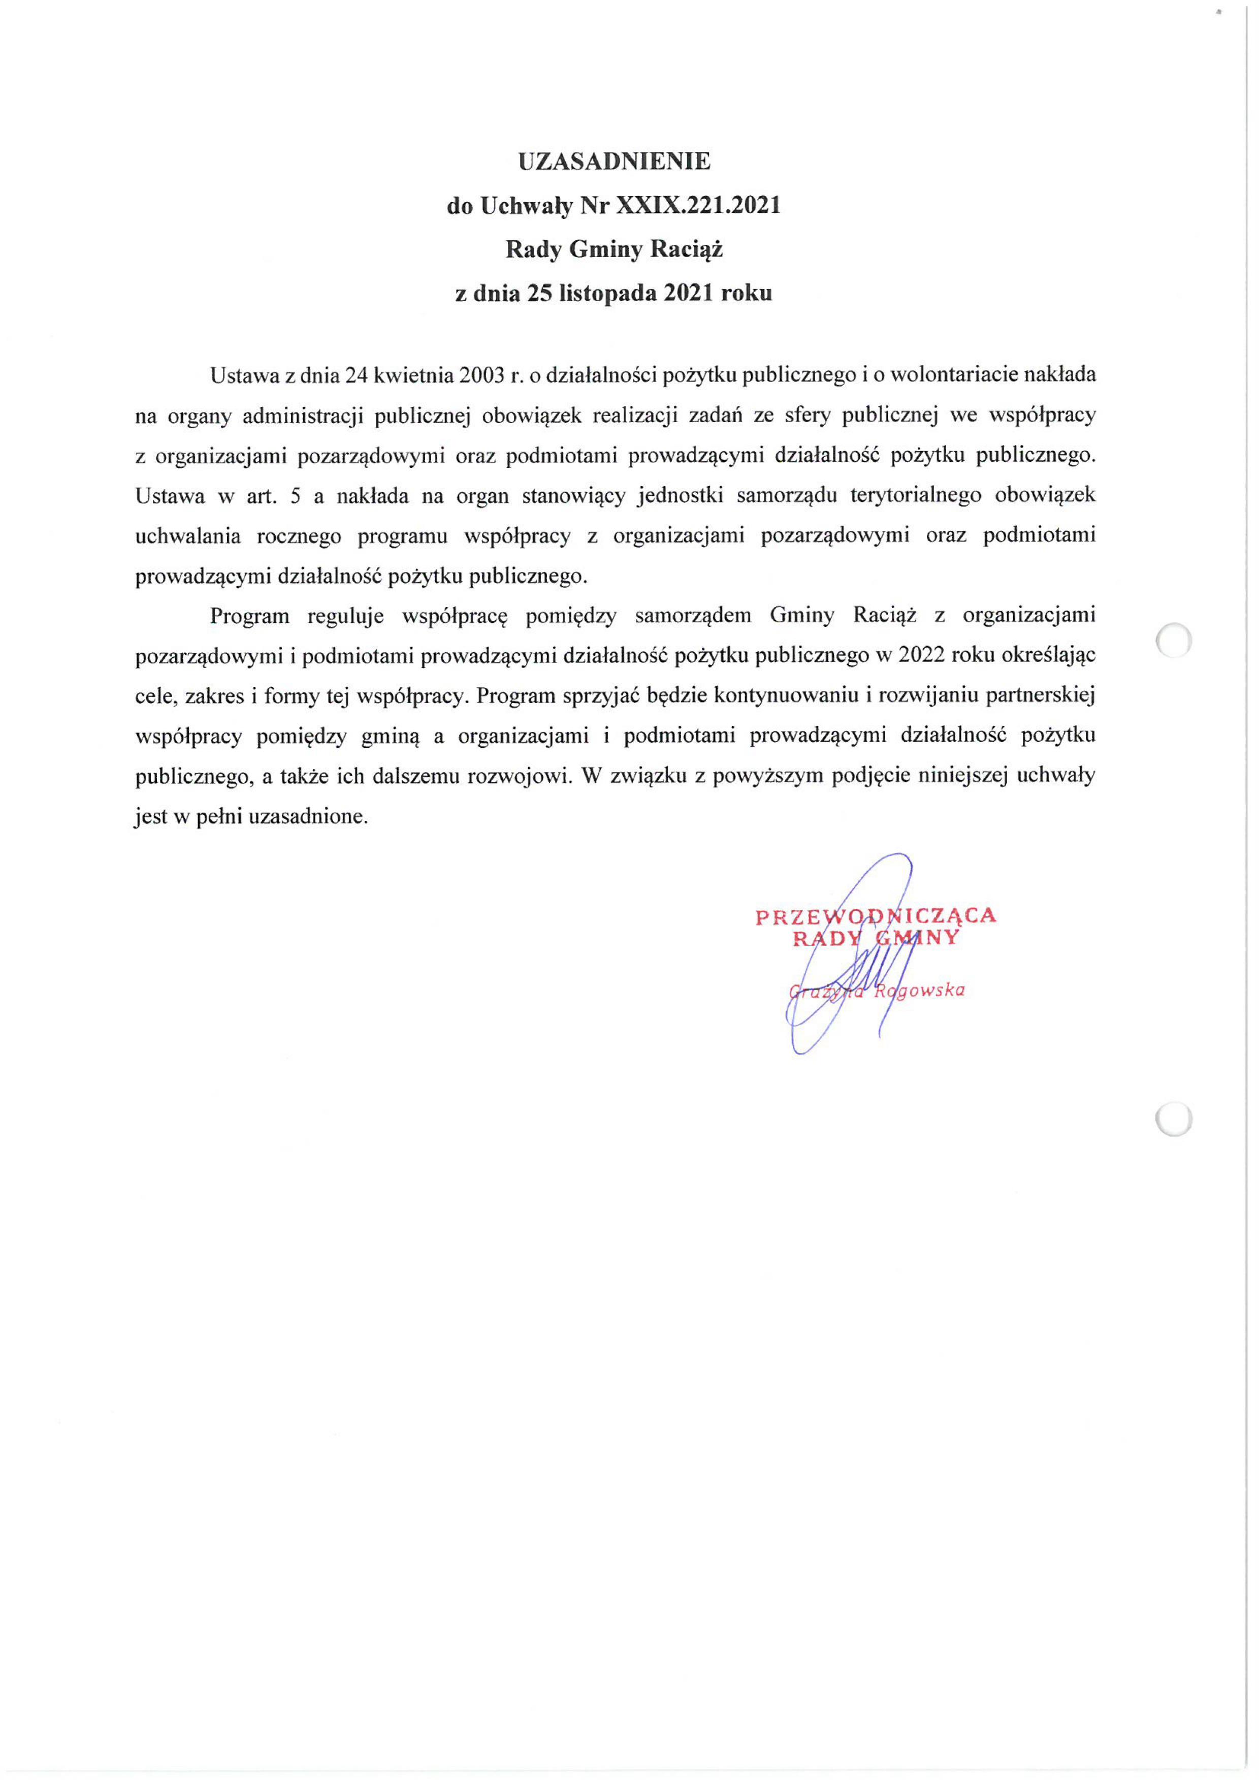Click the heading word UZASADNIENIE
tap(614, 161)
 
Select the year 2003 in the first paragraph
tap(482, 375)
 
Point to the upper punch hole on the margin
tap(1173, 641)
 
